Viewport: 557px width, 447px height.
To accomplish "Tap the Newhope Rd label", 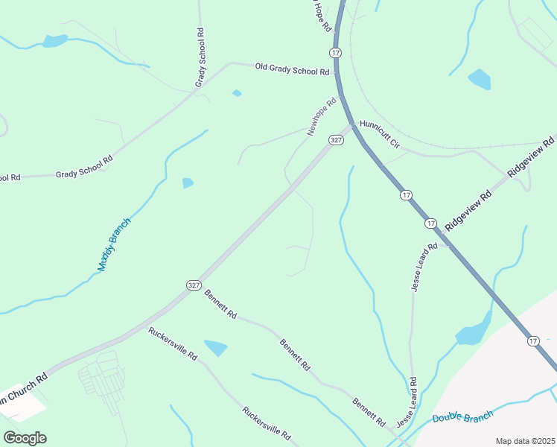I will (322, 118).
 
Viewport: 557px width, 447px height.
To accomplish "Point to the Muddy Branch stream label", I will (114, 244).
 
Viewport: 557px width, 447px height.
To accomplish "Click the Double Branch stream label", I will (463, 418).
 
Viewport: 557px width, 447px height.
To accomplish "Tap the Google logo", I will (25, 437).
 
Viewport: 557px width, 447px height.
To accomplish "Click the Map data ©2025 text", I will (524, 441).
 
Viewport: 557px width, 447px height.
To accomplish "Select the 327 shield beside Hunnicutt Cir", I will (337, 140).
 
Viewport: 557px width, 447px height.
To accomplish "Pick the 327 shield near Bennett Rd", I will (194, 285).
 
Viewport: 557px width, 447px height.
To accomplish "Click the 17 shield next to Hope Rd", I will (337, 52).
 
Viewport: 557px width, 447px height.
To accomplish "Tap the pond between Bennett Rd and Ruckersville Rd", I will (216, 347).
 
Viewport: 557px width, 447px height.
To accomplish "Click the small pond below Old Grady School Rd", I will (237, 93).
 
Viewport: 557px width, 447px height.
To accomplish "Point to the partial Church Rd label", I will (24, 387).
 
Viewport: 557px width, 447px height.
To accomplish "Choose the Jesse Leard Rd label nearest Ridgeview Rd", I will (422, 267).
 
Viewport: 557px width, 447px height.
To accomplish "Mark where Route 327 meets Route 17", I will (350, 124).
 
